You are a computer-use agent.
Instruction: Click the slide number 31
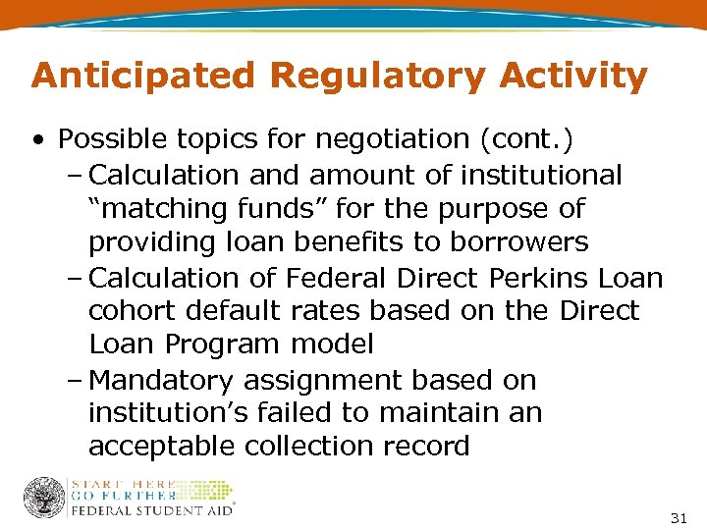679,517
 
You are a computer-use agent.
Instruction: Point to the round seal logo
43,498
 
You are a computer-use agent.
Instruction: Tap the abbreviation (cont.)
525,140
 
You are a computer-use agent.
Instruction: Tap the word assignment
335,381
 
